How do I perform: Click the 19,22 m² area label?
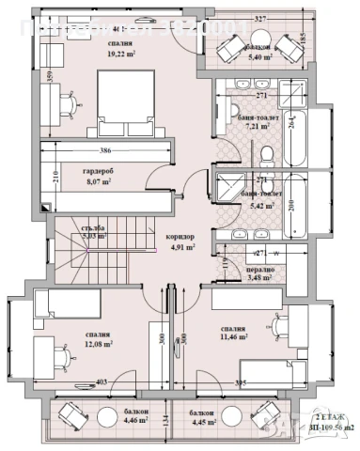tap(119, 55)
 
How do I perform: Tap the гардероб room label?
tap(98, 172)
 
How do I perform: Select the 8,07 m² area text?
tap(98, 183)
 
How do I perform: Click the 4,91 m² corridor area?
tap(183, 248)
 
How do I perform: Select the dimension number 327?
tap(259, 18)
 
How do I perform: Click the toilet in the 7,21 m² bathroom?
tap(266, 153)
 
